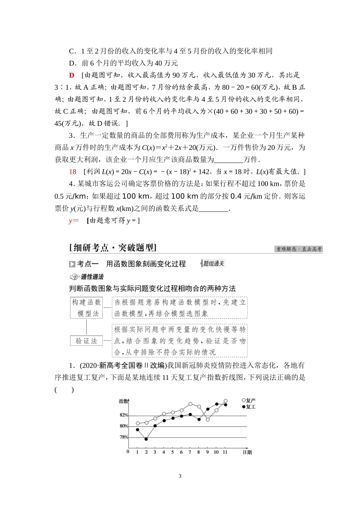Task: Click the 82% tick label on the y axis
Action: click(124, 415)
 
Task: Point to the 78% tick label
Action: click(124, 437)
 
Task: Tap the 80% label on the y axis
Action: click(124, 426)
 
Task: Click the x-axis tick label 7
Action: click(190, 452)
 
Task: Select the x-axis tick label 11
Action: click(225, 452)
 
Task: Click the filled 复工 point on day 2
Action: click(146, 439)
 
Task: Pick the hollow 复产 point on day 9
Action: click(208, 419)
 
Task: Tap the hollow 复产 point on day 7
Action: click(190, 404)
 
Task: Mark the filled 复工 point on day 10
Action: click(216, 404)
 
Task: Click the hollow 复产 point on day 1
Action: click(138, 423)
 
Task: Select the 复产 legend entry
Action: click(249, 401)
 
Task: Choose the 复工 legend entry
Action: click(249, 407)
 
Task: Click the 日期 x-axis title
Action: click(247, 452)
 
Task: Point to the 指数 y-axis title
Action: click(123, 401)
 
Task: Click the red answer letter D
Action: click(71, 75)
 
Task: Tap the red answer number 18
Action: click(73, 172)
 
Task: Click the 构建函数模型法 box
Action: click(87, 308)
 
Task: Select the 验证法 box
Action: click(87, 341)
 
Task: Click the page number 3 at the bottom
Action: click(180, 476)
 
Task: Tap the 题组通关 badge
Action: click(213, 264)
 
